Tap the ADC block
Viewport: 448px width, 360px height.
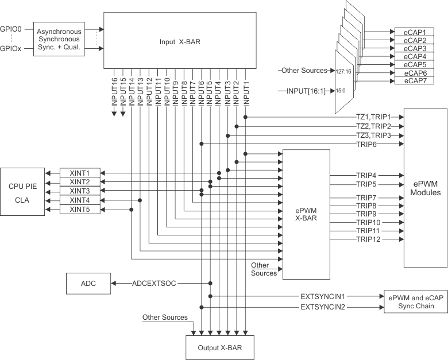coord(88,284)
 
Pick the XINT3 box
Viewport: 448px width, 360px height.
coord(79,191)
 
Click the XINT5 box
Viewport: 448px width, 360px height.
coord(79,210)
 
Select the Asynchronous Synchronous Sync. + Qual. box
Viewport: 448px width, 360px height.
coord(59,40)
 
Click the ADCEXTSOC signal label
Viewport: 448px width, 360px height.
coord(154,284)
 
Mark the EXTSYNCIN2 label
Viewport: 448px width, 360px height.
coord(322,308)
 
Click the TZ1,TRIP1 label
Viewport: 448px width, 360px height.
coord(373,117)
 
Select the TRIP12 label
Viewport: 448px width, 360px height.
coord(368,238)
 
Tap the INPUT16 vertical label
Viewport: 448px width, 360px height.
coord(114,92)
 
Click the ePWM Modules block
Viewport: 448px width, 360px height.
coord(426,188)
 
